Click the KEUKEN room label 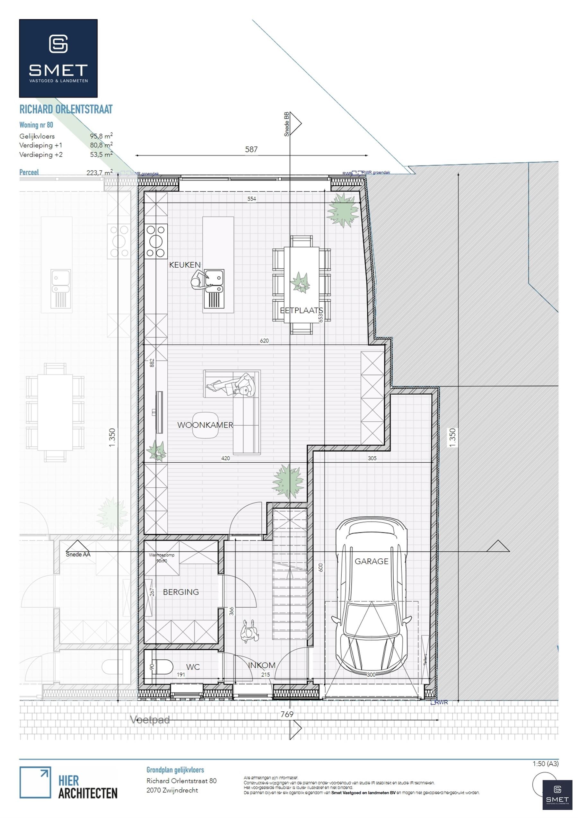(185, 265)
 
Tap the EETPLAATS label (301, 310)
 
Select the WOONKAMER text (205, 425)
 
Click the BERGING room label (181, 592)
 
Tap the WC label (193, 667)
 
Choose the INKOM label (262, 665)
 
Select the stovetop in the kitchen (156, 241)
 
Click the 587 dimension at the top (251, 149)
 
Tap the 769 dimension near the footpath (287, 714)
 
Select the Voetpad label (150, 720)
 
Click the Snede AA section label (78, 554)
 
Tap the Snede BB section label (287, 124)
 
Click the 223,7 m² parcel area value (99, 173)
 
